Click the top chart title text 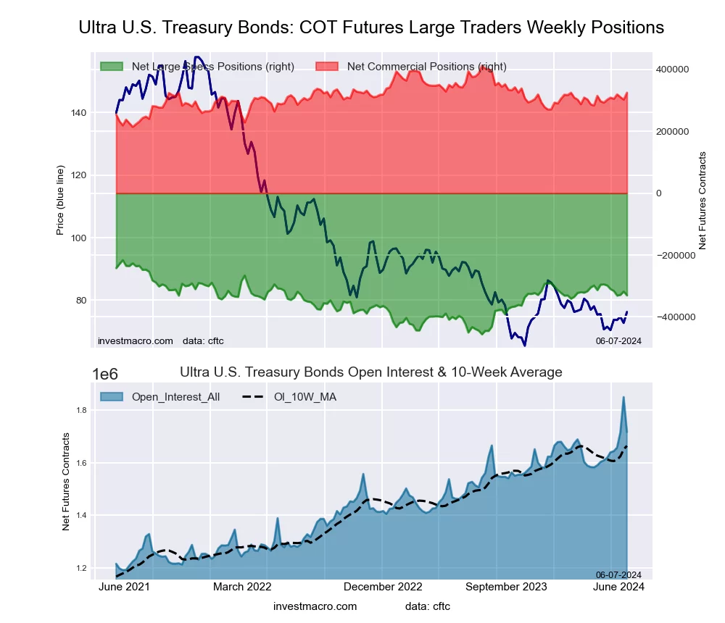tap(370, 28)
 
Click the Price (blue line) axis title tap(60, 196)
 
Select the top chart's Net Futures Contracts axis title tap(702, 201)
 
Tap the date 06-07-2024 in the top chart tap(618, 340)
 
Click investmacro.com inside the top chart tap(135, 340)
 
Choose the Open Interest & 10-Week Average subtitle tap(370, 372)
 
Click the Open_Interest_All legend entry tap(175, 396)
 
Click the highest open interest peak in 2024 tap(623, 397)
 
